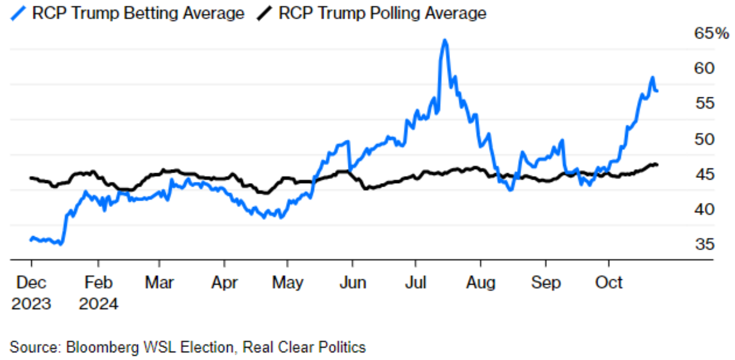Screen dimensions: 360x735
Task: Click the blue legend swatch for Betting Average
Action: click(x=18, y=13)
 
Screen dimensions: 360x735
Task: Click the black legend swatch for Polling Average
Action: click(x=265, y=13)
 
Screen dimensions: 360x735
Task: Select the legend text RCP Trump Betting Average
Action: click(x=138, y=13)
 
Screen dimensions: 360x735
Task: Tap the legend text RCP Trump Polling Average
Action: click(x=382, y=13)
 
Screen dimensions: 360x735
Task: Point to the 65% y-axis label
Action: click(x=712, y=34)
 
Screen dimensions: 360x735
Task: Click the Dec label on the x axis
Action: click(x=31, y=284)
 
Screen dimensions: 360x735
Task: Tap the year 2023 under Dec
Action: click(x=31, y=303)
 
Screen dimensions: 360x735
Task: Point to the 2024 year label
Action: click(x=99, y=303)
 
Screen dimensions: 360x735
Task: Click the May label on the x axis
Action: click(x=288, y=284)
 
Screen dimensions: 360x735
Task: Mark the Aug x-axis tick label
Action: click(x=481, y=284)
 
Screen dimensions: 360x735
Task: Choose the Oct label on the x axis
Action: click(x=609, y=284)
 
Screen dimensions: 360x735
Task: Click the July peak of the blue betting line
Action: click(x=444, y=41)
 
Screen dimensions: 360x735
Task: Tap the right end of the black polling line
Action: click(x=657, y=165)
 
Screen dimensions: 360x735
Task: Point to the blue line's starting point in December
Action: click(x=31, y=239)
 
